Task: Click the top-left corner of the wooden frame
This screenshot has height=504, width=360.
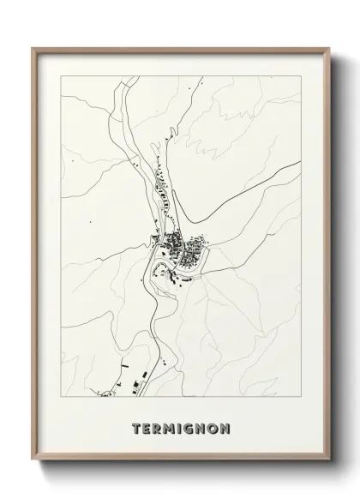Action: [33, 48]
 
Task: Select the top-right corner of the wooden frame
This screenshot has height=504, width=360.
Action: [331, 48]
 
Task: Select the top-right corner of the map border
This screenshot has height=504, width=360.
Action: [301, 75]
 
